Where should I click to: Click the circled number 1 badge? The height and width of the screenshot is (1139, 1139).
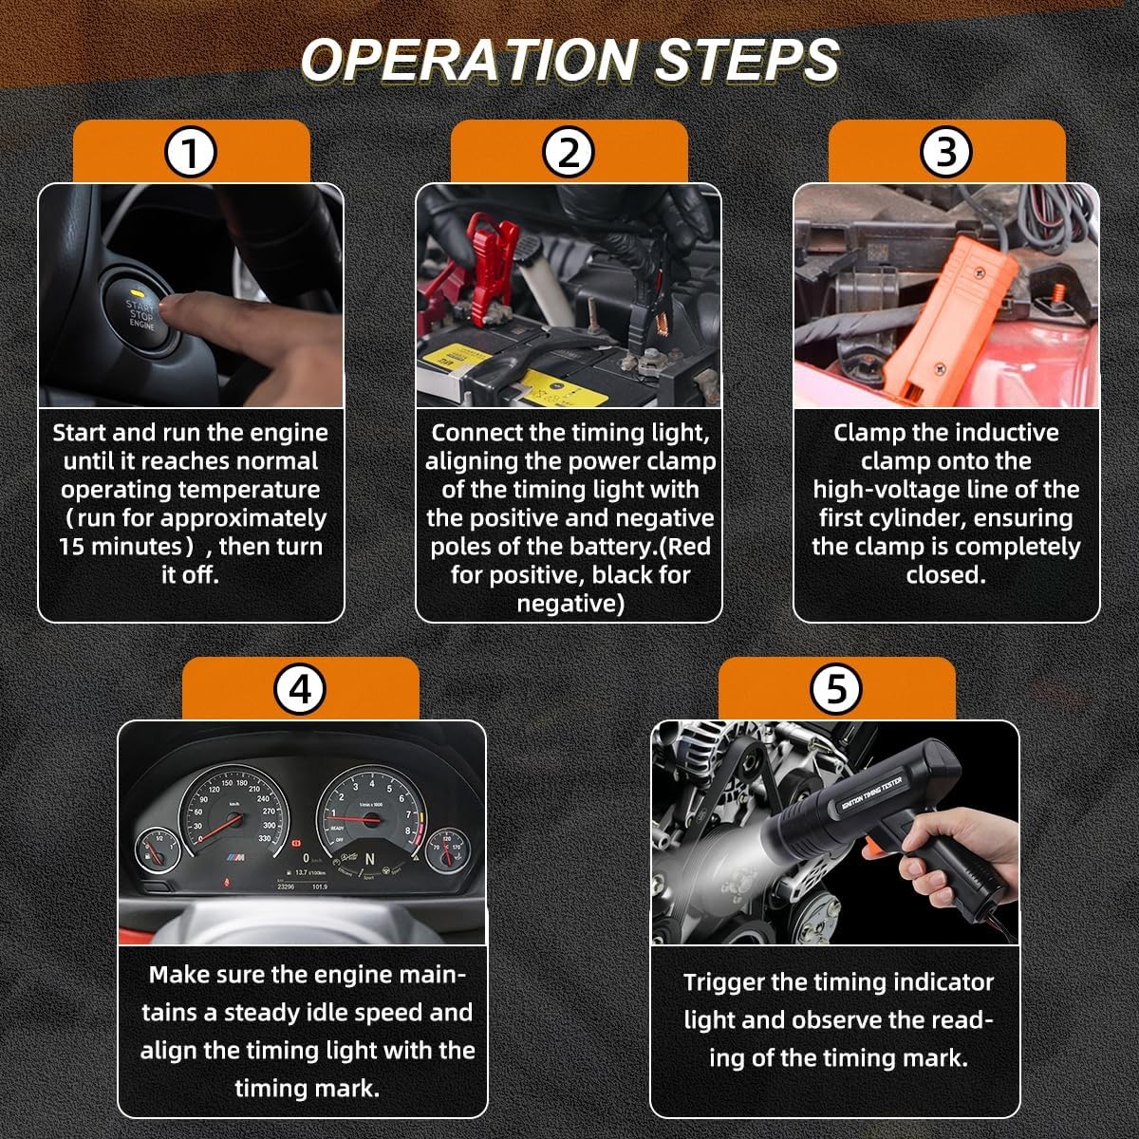(191, 153)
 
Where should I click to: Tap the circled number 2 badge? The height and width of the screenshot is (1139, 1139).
(568, 153)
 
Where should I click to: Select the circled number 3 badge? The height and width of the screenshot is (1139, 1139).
(945, 153)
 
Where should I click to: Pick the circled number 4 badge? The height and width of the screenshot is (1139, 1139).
(300, 690)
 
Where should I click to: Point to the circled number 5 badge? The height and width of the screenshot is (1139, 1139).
(836, 690)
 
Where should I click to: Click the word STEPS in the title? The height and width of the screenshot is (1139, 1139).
(746, 61)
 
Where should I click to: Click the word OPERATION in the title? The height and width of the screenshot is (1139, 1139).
(468, 61)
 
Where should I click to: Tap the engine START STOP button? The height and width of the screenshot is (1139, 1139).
(140, 309)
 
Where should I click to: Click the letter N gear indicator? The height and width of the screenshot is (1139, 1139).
(370, 859)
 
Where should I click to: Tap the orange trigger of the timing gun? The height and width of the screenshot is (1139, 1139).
(871, 851)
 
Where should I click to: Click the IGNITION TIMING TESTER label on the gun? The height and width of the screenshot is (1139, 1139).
(871, 794)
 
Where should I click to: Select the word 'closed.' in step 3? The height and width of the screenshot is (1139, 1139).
(945, 574)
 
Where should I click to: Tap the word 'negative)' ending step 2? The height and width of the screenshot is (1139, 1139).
(570, 604)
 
